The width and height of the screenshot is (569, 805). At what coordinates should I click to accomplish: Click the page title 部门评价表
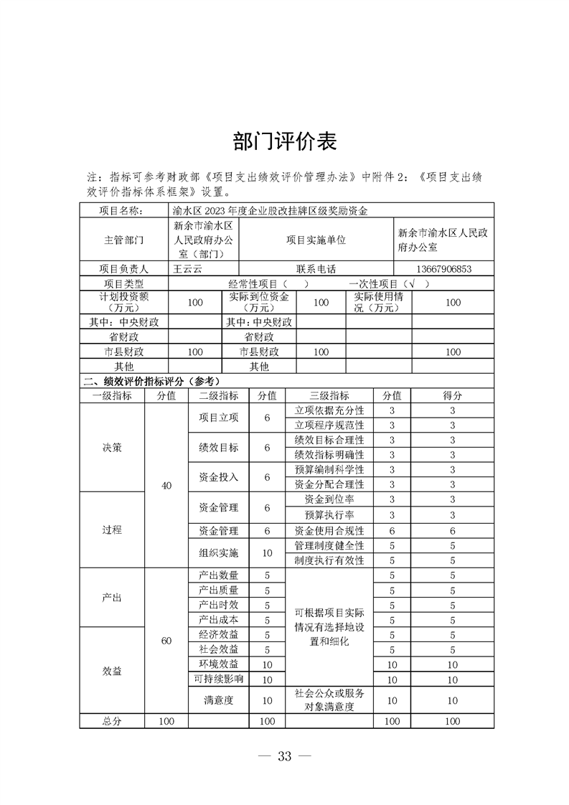285,142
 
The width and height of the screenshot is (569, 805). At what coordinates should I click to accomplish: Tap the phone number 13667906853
453,269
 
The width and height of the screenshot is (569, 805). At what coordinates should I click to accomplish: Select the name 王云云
187,269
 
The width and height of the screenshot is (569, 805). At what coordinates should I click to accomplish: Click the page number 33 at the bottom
284,755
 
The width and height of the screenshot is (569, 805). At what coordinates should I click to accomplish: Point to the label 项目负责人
123,269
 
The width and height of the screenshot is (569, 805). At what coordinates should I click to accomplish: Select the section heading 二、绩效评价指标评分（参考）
151,381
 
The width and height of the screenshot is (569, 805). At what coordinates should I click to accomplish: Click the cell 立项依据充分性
329,410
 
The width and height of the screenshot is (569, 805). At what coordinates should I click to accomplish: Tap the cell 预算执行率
329,515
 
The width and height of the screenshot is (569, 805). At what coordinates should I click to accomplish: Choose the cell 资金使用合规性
329,531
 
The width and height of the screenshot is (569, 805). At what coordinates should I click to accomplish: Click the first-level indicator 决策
112,447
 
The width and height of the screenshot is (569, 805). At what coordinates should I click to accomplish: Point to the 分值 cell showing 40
166,486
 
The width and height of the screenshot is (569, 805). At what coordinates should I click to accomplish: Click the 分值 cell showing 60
166,641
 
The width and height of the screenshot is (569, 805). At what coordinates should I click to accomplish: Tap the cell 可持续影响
218,679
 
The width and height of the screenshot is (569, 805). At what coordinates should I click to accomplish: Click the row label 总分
112,721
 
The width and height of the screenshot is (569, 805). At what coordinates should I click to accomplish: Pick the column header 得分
453,395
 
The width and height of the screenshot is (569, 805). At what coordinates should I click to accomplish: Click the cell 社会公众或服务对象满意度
329,700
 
